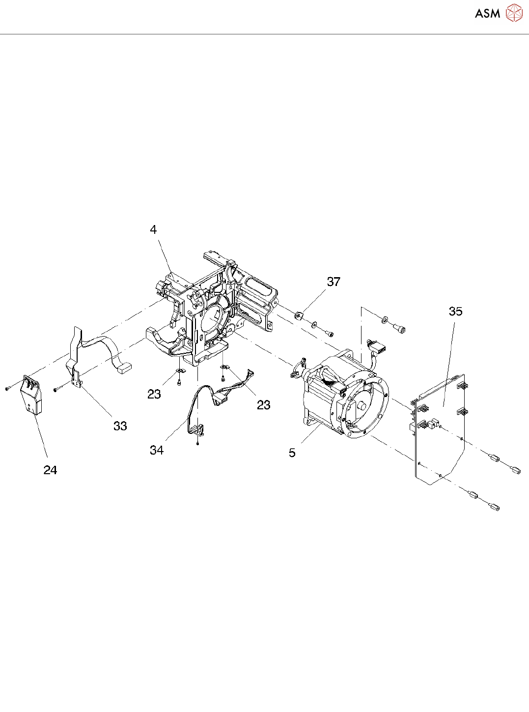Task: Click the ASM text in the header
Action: click(487, 13)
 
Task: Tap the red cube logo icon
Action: click(514, 13)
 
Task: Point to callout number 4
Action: click(153, 229)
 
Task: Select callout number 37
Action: click(334, 282)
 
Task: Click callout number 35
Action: click(455, 311)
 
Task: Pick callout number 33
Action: click(120, 426)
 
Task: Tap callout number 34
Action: click(157, 450)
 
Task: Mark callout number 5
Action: click(292, 453)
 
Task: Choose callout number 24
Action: click(50, 470)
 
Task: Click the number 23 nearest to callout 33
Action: click(154, 394)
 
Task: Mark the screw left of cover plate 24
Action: click(7, 388)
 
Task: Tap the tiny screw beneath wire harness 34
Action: click(197, 444)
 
